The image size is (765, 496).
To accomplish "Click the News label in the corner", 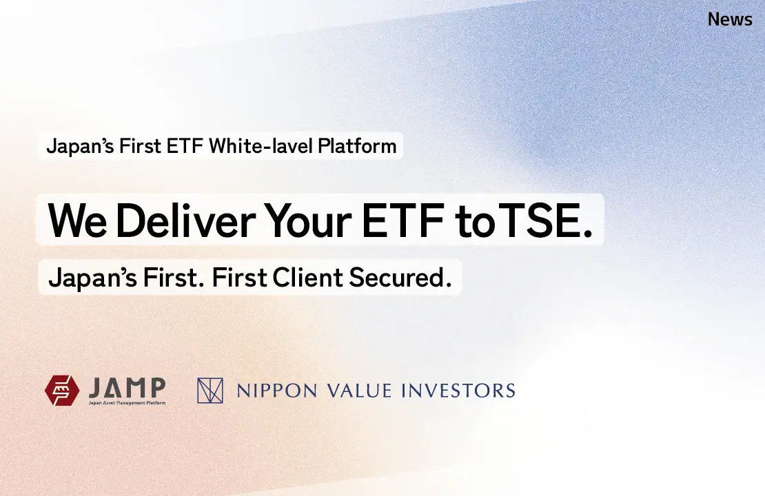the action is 730,19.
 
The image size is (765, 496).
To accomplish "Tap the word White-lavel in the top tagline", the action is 261,146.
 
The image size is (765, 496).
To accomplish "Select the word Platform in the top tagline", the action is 357,146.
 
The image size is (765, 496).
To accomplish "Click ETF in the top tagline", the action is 185,146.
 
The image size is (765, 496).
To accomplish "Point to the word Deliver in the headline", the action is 185,220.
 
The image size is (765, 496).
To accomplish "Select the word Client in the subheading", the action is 308,277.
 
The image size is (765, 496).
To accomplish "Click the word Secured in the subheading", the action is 400,277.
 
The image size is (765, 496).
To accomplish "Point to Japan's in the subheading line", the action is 93,278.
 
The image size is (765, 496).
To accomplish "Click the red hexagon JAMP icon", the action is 62,390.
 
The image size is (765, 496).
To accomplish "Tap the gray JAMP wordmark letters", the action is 127,388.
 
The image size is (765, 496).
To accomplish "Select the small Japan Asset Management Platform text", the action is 127,403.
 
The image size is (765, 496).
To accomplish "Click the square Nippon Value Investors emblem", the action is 210,391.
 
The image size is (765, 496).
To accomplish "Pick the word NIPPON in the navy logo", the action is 276,391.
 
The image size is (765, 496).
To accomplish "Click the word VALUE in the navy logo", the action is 360,391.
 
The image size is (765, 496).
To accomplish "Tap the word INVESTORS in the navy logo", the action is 458,391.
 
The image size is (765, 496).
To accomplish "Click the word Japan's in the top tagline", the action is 81,146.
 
